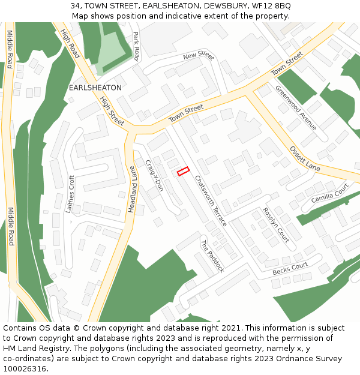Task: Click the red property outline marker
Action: pos(183,172)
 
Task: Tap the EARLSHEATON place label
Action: pos(95,88)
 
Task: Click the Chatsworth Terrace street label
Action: pos(211,200)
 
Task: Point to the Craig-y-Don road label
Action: pos(154,176)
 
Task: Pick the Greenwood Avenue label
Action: pos(296,107)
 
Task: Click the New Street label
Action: pos(199,55)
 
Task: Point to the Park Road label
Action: pos(136,46)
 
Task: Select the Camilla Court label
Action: pos(329,194)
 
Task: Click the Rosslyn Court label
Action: pos(276,225)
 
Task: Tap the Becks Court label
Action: pos(290,268)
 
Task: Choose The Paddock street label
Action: pos(212,256)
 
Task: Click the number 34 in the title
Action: pos(75,5)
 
